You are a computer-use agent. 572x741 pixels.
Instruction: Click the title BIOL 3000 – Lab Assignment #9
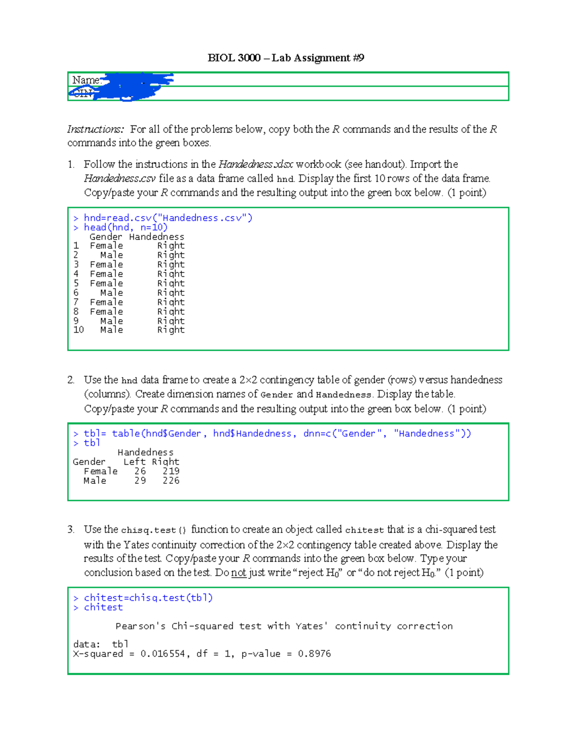point(286,58)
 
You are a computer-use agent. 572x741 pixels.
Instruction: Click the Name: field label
point(86,80)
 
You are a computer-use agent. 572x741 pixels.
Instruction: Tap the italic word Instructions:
point(95,129)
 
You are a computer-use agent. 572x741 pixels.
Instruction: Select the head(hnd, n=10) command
point(125,228)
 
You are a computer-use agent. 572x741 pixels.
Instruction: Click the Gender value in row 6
point(112,293)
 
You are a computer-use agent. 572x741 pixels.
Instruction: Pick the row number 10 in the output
point(79,330)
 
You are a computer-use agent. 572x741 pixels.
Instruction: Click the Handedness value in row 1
point(171,246)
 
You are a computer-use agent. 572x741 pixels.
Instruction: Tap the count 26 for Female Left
point(140,471)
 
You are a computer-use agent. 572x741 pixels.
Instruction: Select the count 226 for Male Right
point(171,481)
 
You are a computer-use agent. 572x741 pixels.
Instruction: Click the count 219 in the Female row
point(171,471)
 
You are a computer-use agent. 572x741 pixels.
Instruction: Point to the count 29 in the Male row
point(140,481)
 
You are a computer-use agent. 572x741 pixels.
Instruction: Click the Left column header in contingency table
point(134,462)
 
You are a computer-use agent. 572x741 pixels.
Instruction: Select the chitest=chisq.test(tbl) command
point(148,598)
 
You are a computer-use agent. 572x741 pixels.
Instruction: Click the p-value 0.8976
point(314,654)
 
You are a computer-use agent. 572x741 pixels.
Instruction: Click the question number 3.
point(71,530)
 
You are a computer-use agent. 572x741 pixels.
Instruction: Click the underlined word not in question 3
point(238,573)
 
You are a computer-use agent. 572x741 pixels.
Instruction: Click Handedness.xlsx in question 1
point(255,165)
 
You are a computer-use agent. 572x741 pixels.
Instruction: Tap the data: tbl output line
point(101,644)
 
